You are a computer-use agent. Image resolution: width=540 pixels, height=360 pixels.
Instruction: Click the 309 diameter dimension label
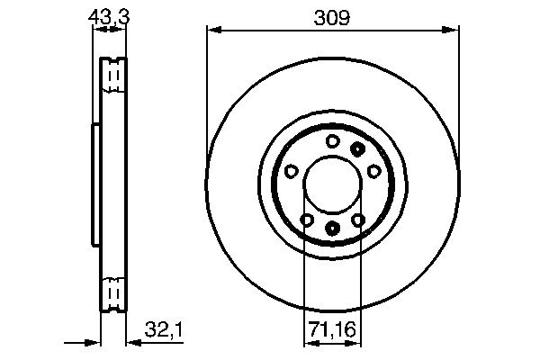[331, 16]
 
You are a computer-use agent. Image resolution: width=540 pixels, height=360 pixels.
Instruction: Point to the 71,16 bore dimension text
[331, 332]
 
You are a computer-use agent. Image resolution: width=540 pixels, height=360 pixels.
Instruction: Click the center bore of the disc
[331, 184]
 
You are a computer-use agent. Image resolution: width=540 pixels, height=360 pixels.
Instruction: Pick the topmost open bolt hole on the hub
[332, 140]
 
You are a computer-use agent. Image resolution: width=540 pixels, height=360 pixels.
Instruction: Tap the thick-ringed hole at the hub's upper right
[358, 148]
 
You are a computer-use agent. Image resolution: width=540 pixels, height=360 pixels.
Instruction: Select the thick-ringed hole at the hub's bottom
[332, 229]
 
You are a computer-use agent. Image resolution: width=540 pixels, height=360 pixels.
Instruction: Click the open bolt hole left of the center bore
[291, 171]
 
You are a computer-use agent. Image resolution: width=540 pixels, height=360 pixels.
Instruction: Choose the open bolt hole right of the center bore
[373, 171]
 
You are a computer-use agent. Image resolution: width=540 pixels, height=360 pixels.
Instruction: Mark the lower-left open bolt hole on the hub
[306, 220]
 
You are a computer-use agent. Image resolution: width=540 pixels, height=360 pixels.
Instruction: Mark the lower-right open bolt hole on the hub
[357, 220]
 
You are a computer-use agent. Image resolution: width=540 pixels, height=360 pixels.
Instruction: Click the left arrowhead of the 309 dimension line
[213, 31]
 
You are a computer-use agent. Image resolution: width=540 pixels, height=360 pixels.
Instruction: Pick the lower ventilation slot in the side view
[112, 293]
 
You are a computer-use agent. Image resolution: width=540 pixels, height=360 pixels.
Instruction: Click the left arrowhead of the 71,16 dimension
[308, 341]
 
